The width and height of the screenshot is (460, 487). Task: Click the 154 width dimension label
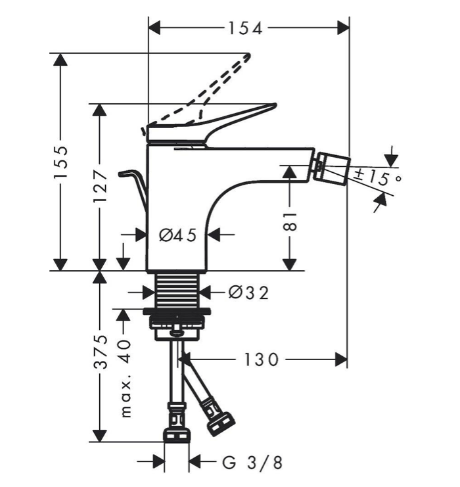click(x=245, y=28)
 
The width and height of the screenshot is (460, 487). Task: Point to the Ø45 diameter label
click(x=178, y=235)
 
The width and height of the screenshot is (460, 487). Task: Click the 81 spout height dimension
click(x=290, y=220)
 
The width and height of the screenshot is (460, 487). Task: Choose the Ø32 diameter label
click(x=248, y=292)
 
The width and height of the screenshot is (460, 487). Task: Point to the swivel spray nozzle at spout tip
click(x=331, y=168)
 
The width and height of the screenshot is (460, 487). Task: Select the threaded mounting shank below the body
click(x=176, y=289)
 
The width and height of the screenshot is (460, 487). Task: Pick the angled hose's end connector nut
click(x=219, y=421)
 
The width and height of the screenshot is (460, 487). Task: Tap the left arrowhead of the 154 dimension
click(x=154, y=28)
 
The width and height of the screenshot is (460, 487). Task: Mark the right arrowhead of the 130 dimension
click(x=342, y=359)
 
